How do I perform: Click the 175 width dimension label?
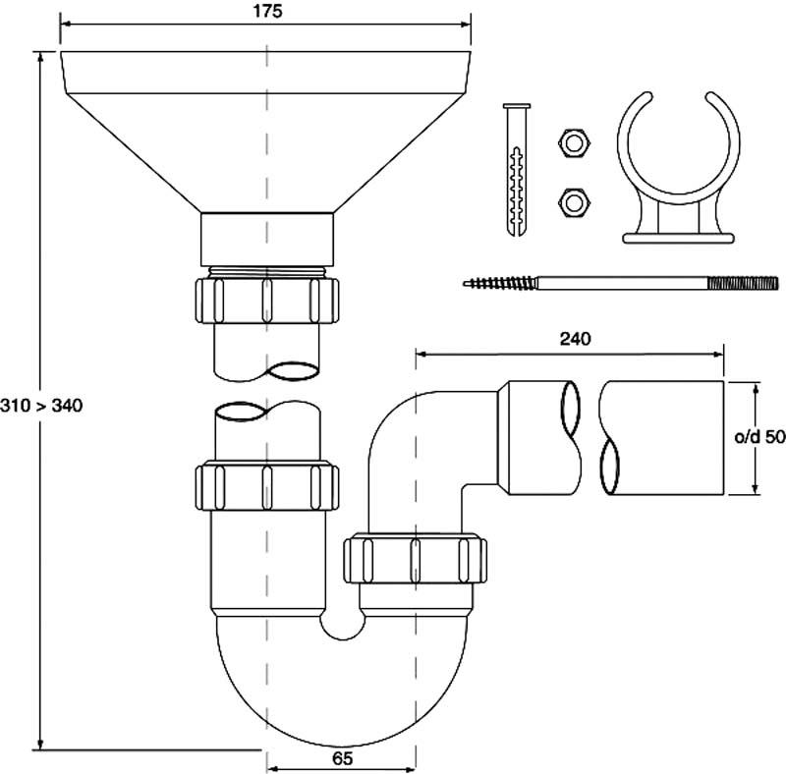coord(267,11)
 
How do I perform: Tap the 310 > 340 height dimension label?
coord(41,405)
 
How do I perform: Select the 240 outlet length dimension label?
coord(575,340)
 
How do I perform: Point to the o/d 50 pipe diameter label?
coord(759,437)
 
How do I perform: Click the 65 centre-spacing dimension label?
coord(342,758)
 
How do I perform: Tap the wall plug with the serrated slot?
coord(517,170)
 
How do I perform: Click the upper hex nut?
coord(575,143)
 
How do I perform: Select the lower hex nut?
coord(575,202)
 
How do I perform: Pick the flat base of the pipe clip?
coord(679,238)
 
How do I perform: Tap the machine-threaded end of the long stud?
coord(743,283)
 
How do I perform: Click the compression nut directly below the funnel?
coord(266,301)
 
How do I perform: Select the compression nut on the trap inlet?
coord(266,487)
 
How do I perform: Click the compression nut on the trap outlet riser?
coord(415,560)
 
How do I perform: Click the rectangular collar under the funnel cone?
coord(267,240)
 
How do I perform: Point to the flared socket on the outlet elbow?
coord(536,438)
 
